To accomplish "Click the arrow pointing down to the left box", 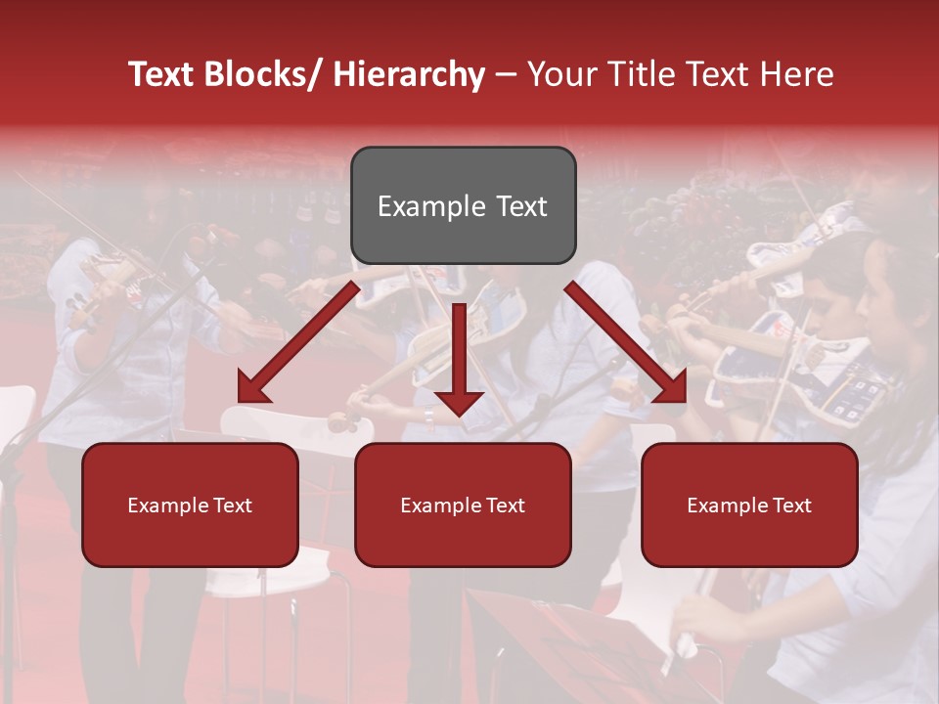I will [299, 342].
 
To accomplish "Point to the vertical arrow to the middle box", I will [459, 352].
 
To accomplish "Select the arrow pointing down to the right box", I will [626, 342].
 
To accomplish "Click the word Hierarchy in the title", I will [409, 74].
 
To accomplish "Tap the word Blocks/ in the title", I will [263, 74].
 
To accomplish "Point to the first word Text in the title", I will [163, 74].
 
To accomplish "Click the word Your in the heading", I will [559, 74].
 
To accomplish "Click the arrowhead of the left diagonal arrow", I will [252, 388].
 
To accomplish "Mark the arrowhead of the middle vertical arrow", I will [459, 401].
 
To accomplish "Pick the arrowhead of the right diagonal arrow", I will [671, 388].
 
